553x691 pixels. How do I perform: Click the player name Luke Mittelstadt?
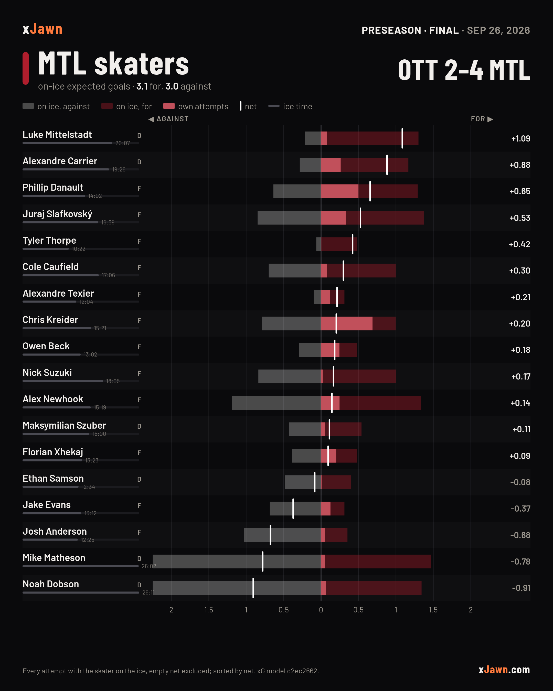tap(57, 135)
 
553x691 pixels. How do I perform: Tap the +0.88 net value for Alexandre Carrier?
tap(520, 165)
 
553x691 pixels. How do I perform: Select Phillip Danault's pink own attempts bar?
tap(339, 191)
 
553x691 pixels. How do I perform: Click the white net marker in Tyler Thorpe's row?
tap(353, 244)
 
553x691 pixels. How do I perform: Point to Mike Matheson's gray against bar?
tap(237, 562)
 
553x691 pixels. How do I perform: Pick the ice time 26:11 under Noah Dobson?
tap(148, 593)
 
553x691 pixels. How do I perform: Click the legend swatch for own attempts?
tap(169, 106)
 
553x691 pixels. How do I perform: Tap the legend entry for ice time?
tap(290, 106)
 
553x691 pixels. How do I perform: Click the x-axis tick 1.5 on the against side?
tap(209, 610)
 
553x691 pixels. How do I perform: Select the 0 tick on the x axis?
tap(321, 610)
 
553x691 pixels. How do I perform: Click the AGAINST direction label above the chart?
tap(169, 119)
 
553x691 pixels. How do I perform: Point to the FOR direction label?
tap(482, 119)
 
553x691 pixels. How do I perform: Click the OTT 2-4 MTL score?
tap(464, 70)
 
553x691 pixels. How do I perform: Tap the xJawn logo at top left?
tap(42, 29)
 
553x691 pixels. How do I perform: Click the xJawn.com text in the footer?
tap(504, 670)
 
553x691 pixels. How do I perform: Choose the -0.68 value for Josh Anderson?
tap(520, 535)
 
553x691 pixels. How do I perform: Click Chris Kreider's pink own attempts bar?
tap(347, 324)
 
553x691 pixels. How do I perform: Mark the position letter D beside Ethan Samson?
tap(139, 479)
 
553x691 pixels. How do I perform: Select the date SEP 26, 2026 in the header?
tap(498, 30)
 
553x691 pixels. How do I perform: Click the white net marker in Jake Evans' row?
tap(293, 509)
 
